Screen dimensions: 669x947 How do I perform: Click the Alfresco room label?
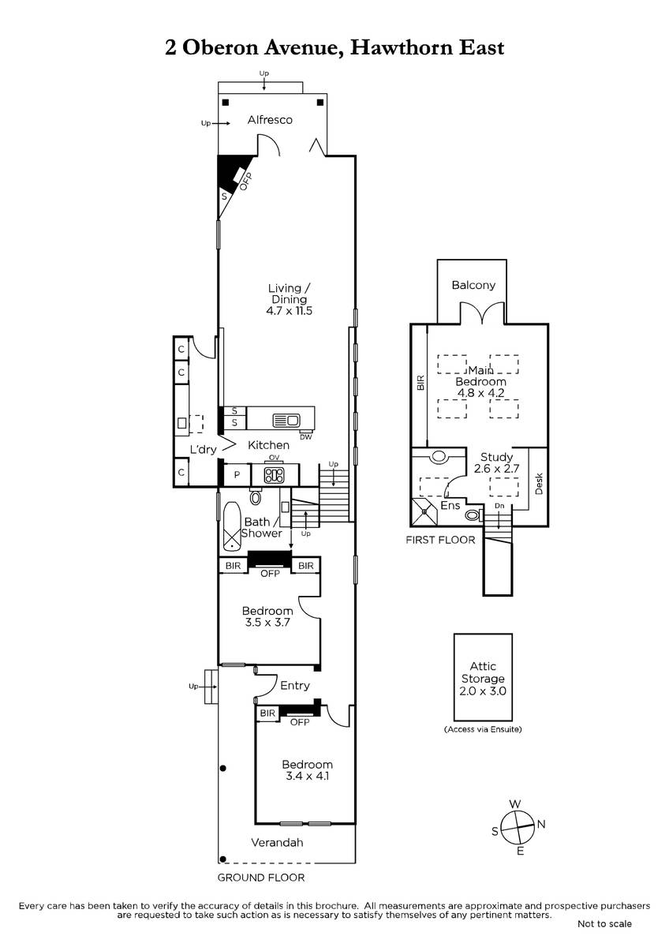point(270,120)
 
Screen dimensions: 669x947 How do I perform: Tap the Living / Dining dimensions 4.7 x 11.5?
point(289,311)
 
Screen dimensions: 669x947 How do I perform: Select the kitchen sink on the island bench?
point(286,420)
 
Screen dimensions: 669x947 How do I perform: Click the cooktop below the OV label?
point(275,476)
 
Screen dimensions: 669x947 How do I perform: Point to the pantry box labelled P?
point(237,475)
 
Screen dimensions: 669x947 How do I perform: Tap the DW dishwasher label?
point(305,437)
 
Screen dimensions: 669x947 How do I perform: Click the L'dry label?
point(203,449)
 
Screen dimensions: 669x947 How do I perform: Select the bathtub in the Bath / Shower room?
point(232,527)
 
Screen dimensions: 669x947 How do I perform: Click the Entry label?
point(295,685)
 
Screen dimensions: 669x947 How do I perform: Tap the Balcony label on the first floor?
point(473,285)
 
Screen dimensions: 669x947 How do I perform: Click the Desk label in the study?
point(539,484)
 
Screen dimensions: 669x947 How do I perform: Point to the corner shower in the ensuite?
point(424,511)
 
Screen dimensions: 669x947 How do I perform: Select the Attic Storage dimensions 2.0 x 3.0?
point(483,691)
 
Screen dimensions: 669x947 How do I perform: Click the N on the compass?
point(541,824)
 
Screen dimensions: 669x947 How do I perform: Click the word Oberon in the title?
point(220,48)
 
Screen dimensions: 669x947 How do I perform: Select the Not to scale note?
point(604,936)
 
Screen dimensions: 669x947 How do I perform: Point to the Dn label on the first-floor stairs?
point(499,506)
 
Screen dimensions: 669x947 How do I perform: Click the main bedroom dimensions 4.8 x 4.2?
point(481,393)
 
